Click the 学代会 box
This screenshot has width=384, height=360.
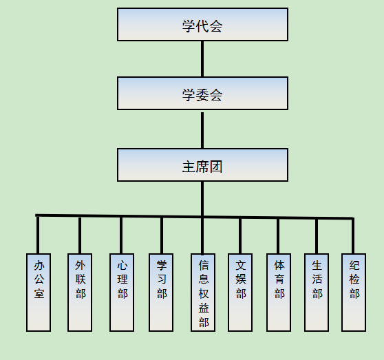(x=202, y=25)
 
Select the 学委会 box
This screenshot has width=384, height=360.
(x=202, y=94)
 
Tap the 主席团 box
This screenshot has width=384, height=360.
(x=202, y=165)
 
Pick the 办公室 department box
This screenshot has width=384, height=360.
(x=39, y=293)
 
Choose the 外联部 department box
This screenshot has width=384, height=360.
(x=80, y=293)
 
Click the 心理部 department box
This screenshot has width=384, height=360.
(x=122, y=293)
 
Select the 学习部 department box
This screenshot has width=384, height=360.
(x=161, y=293)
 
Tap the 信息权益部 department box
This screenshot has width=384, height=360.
(x=203, y=293)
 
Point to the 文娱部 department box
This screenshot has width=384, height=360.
(x=240, y=293)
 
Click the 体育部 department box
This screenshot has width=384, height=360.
(x=279, y=293)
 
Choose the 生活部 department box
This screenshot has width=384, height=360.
(x=317, y=293)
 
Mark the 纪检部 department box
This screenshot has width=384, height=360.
(x=354, y=293)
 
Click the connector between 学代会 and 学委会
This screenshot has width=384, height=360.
(x=202, y=59)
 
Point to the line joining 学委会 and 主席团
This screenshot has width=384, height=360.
(x=202, y=130)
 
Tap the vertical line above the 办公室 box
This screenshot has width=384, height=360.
(x=38, y=235)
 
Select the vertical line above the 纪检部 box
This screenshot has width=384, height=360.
(x=353, y=236)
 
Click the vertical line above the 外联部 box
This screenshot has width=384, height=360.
(x=80, y=235)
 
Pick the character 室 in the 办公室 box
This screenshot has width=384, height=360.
(x=39, y=293)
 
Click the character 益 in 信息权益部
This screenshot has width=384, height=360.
(x=204, y=308)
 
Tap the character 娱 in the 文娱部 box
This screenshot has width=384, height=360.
(x=241, y=279)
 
